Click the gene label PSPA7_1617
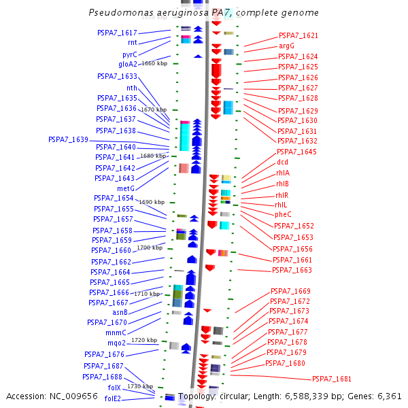pos(117,33)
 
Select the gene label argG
pos(286,46)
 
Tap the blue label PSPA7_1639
pos(68,139)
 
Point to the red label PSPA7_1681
pos(332,379)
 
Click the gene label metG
pos(126,188)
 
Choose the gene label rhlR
pos(282,195)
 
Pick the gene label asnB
pos(118,313)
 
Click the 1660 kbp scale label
pos(154,63)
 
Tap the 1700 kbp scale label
pos(150,248)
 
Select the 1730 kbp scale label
pos(139,386)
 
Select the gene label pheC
pos(283,214)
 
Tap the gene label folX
pos(114,388)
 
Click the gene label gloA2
pos(128,64)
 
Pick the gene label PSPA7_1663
pos(292,270)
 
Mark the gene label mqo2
pos(116,343)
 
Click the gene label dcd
pos(282,163)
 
